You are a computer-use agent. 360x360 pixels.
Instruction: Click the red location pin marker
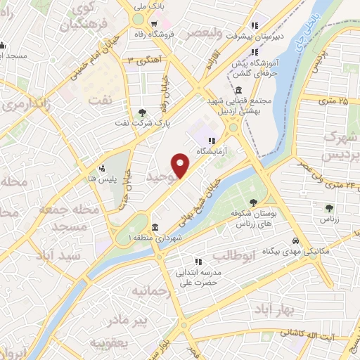pyautogui.click(x=182, y=167)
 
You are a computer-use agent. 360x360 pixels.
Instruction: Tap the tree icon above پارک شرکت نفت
pyautogui.click(x=143, y=112)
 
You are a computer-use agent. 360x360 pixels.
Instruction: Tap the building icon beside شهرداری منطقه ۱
pyautogui.click(x=154, y=226)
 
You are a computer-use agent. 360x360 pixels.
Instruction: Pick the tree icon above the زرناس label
pyautogui.click(x=329, y=207)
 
